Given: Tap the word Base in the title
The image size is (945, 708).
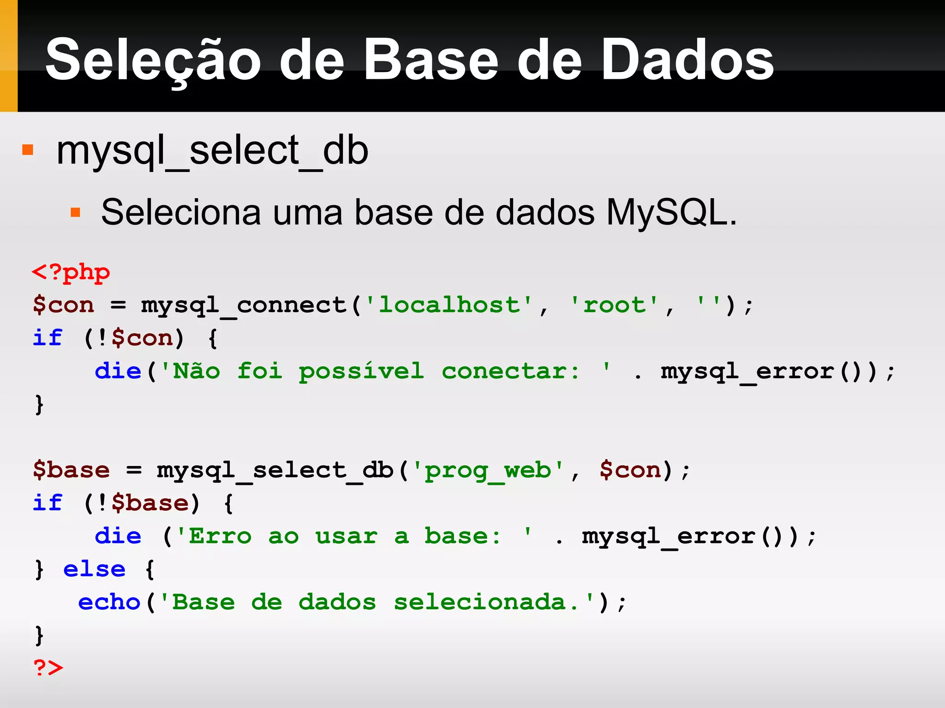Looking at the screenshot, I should coord(431,60).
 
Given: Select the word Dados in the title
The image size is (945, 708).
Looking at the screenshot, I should coord(687,60).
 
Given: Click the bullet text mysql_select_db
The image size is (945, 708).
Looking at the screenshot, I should coord(212,151).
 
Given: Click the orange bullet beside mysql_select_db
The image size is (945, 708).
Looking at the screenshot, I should coord(28,150).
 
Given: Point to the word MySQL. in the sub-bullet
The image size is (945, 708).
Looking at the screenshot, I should coord(671,212).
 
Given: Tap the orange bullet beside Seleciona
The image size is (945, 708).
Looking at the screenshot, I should coord(75,212).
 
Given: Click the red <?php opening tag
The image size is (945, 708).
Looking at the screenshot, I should coord(71,272).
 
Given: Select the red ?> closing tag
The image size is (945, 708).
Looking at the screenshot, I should coord(48,667).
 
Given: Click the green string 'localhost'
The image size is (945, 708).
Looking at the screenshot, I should coord(449,305).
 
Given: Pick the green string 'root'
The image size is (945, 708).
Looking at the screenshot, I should coord(614,305).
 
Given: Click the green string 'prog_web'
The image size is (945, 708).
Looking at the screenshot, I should coord(487,471).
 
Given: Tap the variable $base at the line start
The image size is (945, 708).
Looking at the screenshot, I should coord(72,470).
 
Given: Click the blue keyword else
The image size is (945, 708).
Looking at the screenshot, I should coord(94,569).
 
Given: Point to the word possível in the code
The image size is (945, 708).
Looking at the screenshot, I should coord(361,372).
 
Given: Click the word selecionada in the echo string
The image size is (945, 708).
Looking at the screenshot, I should coord(480,602).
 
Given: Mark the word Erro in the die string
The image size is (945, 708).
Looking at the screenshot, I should coord(221,536).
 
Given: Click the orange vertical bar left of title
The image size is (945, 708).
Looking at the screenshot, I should coord(9,56).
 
